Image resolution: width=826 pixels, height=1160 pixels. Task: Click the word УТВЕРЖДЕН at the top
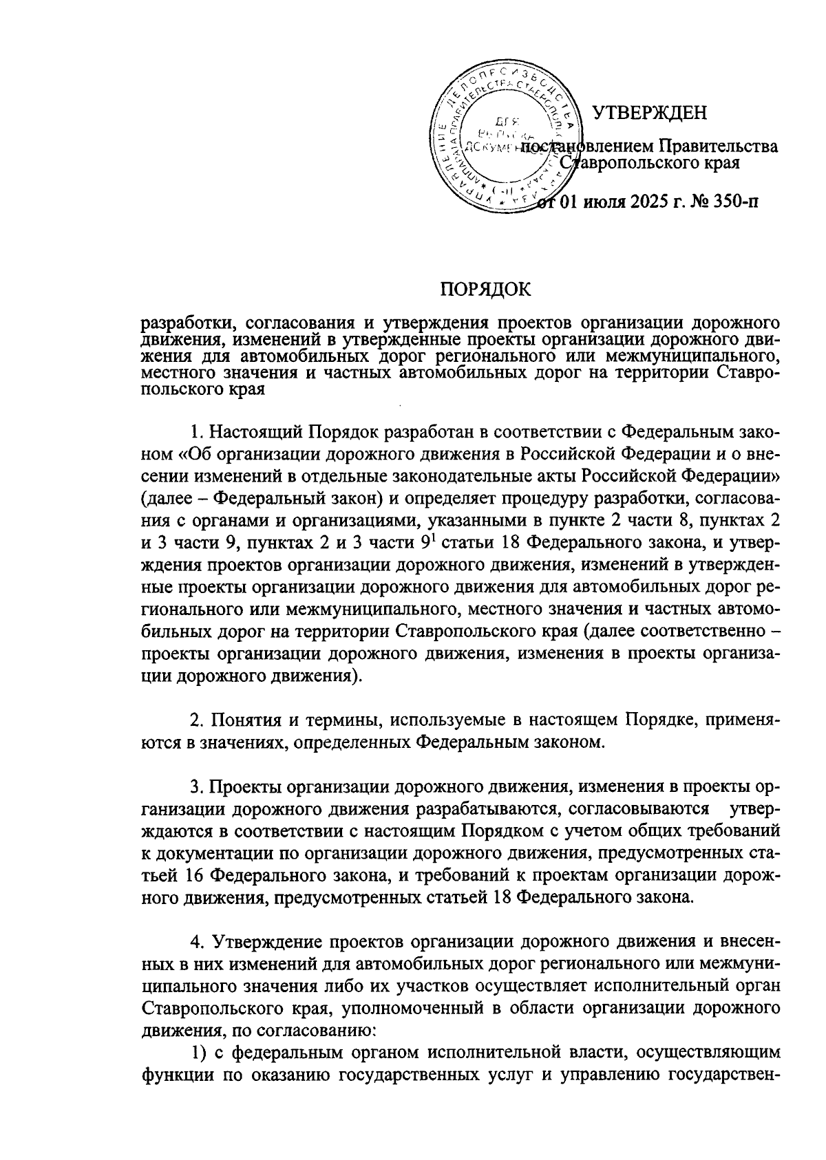pos(650,112)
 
